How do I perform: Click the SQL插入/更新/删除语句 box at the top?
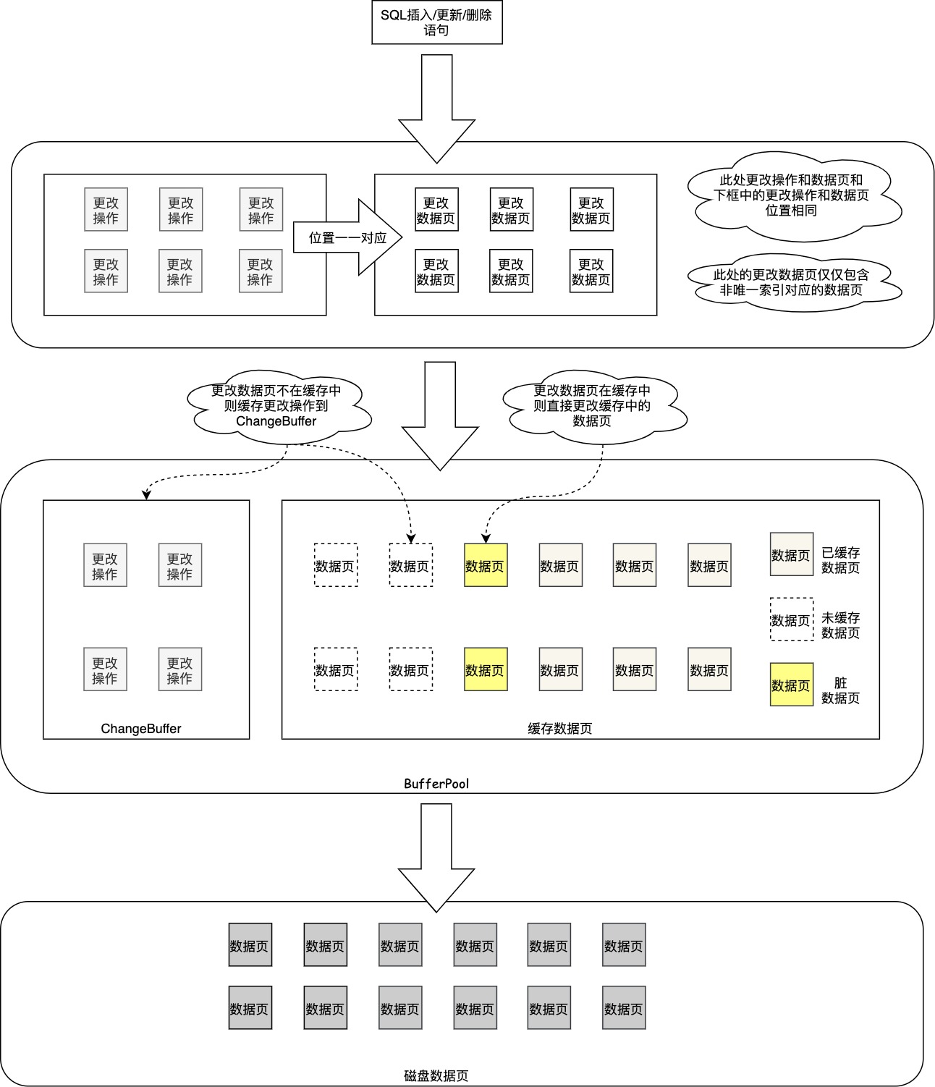click(x=436, y=22)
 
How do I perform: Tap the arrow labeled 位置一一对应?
click(x=347, y=237)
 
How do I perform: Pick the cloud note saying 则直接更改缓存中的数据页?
click(x=591, y=406)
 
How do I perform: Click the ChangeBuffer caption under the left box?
click(x=141, y=729)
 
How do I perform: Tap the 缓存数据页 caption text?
click(x=559, y=729)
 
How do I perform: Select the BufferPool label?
click(x=436, y=784)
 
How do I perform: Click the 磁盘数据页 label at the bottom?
click(x=436, y=1076)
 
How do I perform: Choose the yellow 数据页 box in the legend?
click(x=791, y=685)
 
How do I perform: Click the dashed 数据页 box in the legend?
click(x=791, y=619)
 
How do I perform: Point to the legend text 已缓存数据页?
click(x=840, y=560)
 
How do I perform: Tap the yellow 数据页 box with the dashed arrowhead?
click(x=485, y=565)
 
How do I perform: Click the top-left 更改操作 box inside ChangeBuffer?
click(x=105, y=565)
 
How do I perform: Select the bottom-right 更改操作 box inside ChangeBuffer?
click(x=179, y=669)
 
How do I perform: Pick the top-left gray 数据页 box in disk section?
click(x=250, y=944)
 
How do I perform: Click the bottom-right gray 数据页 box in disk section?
click(x=623, y=1007)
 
